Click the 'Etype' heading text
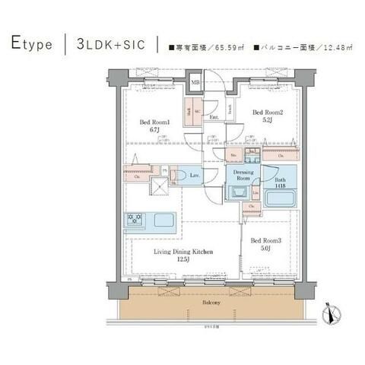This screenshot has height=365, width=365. click(32, 44)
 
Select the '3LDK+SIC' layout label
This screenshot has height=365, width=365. click(113, 44)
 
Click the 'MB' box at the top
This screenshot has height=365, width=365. click(195, 81)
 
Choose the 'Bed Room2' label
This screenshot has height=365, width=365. click(268, 116)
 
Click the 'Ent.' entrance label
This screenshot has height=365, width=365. click(214, 118)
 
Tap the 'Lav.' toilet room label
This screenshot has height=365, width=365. click(195, 176)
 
